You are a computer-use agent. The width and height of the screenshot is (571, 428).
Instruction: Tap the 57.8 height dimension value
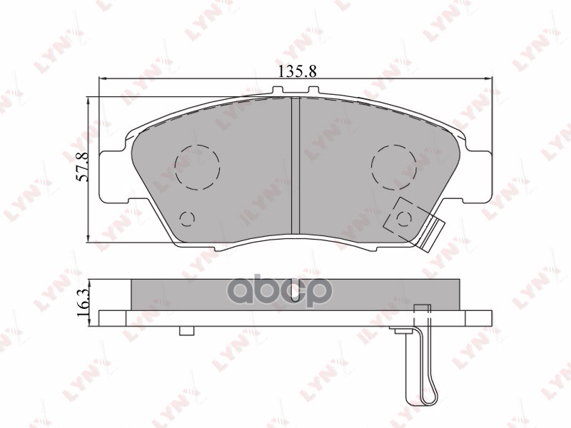pos(82,167)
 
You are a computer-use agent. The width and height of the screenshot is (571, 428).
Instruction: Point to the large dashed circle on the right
pos(393,167)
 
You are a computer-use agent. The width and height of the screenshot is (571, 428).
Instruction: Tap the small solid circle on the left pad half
pos(188,218)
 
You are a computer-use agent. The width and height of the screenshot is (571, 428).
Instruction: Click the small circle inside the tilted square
pos(405,217)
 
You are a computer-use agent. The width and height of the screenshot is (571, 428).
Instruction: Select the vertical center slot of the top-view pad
pos(295,164)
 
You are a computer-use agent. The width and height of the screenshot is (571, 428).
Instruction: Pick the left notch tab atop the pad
pos(278,91)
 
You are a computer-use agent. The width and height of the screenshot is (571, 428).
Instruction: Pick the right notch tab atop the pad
pos(312,91)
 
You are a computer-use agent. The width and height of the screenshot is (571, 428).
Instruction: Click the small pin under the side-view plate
pos(188,330)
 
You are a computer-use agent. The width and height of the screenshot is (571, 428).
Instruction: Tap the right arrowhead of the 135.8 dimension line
pos(489,78)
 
